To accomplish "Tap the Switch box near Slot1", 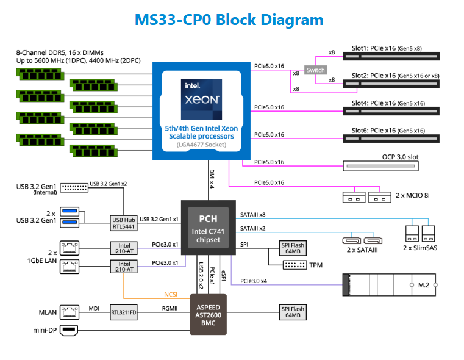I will tap(315, 70).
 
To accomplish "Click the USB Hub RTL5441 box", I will tap(123, 223).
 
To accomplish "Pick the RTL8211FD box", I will tap(124, 312).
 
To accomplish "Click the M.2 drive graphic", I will tap(390, 285).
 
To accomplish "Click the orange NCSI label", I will tap(170, 293).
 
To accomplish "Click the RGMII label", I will tap(170, 308).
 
